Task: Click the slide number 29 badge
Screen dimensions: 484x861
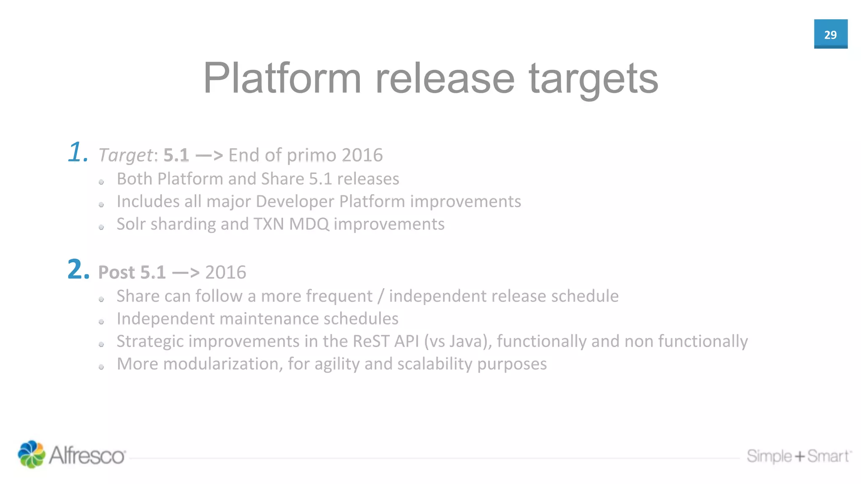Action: pyautogui.click(x=830, y=34)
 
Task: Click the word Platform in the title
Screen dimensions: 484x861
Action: pyautogui.click(x=282, y=79)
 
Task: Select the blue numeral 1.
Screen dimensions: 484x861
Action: pyautogui.click(x=77, y=152)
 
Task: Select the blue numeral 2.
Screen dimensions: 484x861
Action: pyautogui.click(x=78, y=270)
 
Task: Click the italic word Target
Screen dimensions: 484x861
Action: pyautogui.click(x=125, y=155)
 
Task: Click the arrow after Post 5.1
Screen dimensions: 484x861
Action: pyautogui.click(x=185, y=273)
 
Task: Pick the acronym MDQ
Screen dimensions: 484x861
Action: pyautogui.click(x=309, y=224)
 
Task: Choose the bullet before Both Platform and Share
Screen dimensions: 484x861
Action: pyautogui.click(x=101, y=182)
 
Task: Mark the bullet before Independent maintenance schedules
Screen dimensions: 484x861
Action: pyautogui.click(x=101, y=322)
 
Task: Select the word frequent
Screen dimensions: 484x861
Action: pyautogui.click(x=339, y=296)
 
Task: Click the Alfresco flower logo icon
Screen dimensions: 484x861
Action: pyautogui.click(x=31, y=454)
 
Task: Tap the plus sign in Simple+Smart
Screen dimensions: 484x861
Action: pyautogui.click(x=800, y=456)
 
